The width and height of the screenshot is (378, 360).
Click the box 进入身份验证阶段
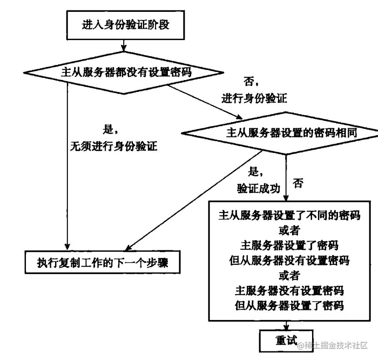[x=126, y=25]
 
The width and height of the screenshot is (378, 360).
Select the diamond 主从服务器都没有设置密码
[x=124, y=72]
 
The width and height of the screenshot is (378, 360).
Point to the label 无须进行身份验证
[x=113, y=146]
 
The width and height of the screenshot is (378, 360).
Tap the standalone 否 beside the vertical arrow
[x=298, y=184]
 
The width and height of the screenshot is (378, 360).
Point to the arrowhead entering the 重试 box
[x=286, y=328]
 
